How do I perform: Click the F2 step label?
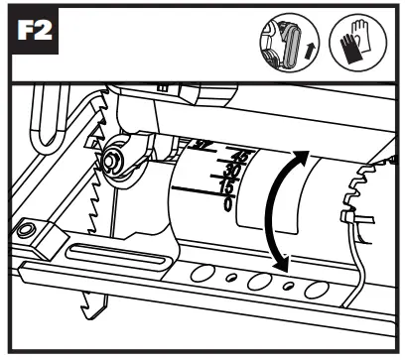37,37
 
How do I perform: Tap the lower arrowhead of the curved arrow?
283,266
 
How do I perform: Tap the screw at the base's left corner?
29,231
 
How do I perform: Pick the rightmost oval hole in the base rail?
318,289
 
